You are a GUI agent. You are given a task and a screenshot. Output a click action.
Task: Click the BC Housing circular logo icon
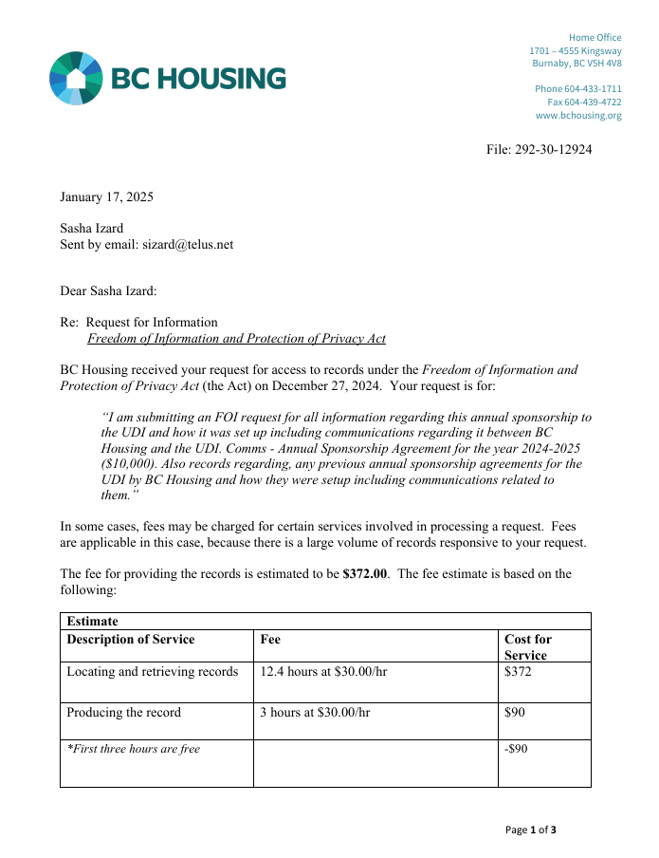tap(76, 78)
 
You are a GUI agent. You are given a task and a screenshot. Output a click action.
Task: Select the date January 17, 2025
tap(106, 197)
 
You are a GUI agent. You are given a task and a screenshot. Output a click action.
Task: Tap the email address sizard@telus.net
tap(188, 244)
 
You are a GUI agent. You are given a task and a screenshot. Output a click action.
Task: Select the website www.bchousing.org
tap(578, 116)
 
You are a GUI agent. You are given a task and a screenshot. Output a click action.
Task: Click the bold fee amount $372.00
tap(364, 574)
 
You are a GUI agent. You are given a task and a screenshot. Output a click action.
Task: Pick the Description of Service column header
tap(131, 640)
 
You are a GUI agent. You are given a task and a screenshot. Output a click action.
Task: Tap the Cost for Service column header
tap(528, 647)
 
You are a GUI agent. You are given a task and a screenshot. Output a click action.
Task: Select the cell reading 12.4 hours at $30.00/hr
tap(323, 672)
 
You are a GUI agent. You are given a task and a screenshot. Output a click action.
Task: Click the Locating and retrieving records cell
tap(152, 672)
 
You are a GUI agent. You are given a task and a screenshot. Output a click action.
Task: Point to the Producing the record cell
tap(123, 712)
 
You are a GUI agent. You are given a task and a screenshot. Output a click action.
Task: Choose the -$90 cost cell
tap(516, 749)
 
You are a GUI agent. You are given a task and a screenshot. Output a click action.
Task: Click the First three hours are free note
tap(134, 749)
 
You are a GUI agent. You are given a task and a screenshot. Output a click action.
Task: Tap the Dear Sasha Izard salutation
tap(108, 290)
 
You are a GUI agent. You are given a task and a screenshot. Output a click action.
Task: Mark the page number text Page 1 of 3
tap(531, 830)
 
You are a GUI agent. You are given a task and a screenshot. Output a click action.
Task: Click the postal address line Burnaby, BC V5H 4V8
tap(577, 64)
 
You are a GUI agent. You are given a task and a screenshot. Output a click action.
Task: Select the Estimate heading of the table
tap(92, 622)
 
